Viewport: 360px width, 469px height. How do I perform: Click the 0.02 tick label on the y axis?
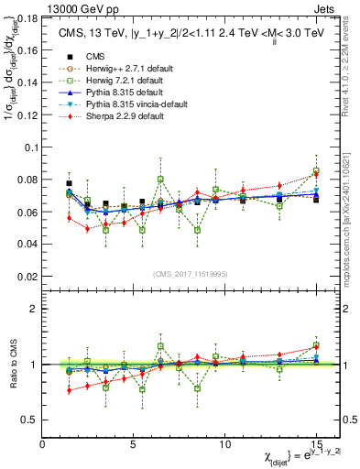tap(28, 276)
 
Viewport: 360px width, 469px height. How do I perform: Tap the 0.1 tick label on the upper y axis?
tap(32, 147)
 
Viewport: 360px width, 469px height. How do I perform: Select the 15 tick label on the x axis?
tap(316, 443)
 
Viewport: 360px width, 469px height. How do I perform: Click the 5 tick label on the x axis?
tap(134, 443)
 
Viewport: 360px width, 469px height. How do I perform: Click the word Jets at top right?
tap(325, 7)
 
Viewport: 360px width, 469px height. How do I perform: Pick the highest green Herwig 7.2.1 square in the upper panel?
tap(316, 172)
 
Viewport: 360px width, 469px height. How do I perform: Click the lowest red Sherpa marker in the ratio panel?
tap(70, 391)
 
